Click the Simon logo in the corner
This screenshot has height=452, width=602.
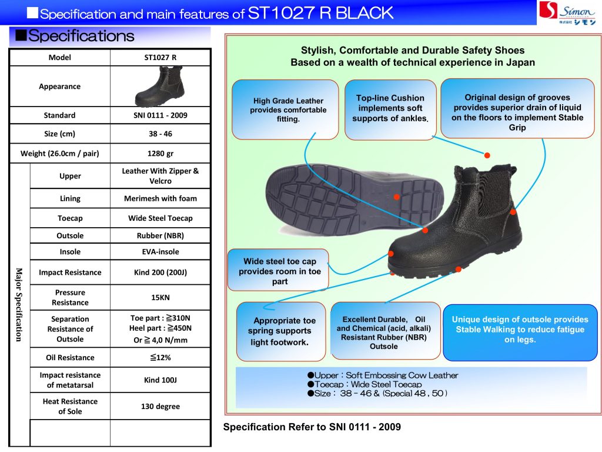click(x=568, y=12)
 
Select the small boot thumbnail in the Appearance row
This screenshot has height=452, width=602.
click(x=159, y=86)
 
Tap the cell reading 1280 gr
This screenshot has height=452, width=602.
click(x=160, y=154)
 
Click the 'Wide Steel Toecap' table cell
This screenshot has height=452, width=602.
click(x=160, y=218)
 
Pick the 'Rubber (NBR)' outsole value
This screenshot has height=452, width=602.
click(x=160, y=235)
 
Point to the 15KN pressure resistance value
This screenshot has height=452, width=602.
click(x=160, y=297)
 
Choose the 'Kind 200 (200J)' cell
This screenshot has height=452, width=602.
click(x=160, y=272)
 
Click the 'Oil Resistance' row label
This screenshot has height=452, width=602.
click(x=70, y=357)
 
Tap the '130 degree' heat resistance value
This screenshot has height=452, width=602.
click(x=160, y=406)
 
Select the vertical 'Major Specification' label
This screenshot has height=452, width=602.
click(x=19, y=304)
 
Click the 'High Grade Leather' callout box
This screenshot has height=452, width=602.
click(x=285, y=109)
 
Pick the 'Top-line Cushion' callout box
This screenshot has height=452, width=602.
click(x=390, y=109)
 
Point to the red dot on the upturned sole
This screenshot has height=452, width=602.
click(x=397, y=197)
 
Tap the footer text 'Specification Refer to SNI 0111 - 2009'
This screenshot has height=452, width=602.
click(x=312, y=427)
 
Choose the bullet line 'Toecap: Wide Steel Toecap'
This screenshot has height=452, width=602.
click(x=367, y=384)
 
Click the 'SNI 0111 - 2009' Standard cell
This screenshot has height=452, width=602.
click(x=160, y=115)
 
